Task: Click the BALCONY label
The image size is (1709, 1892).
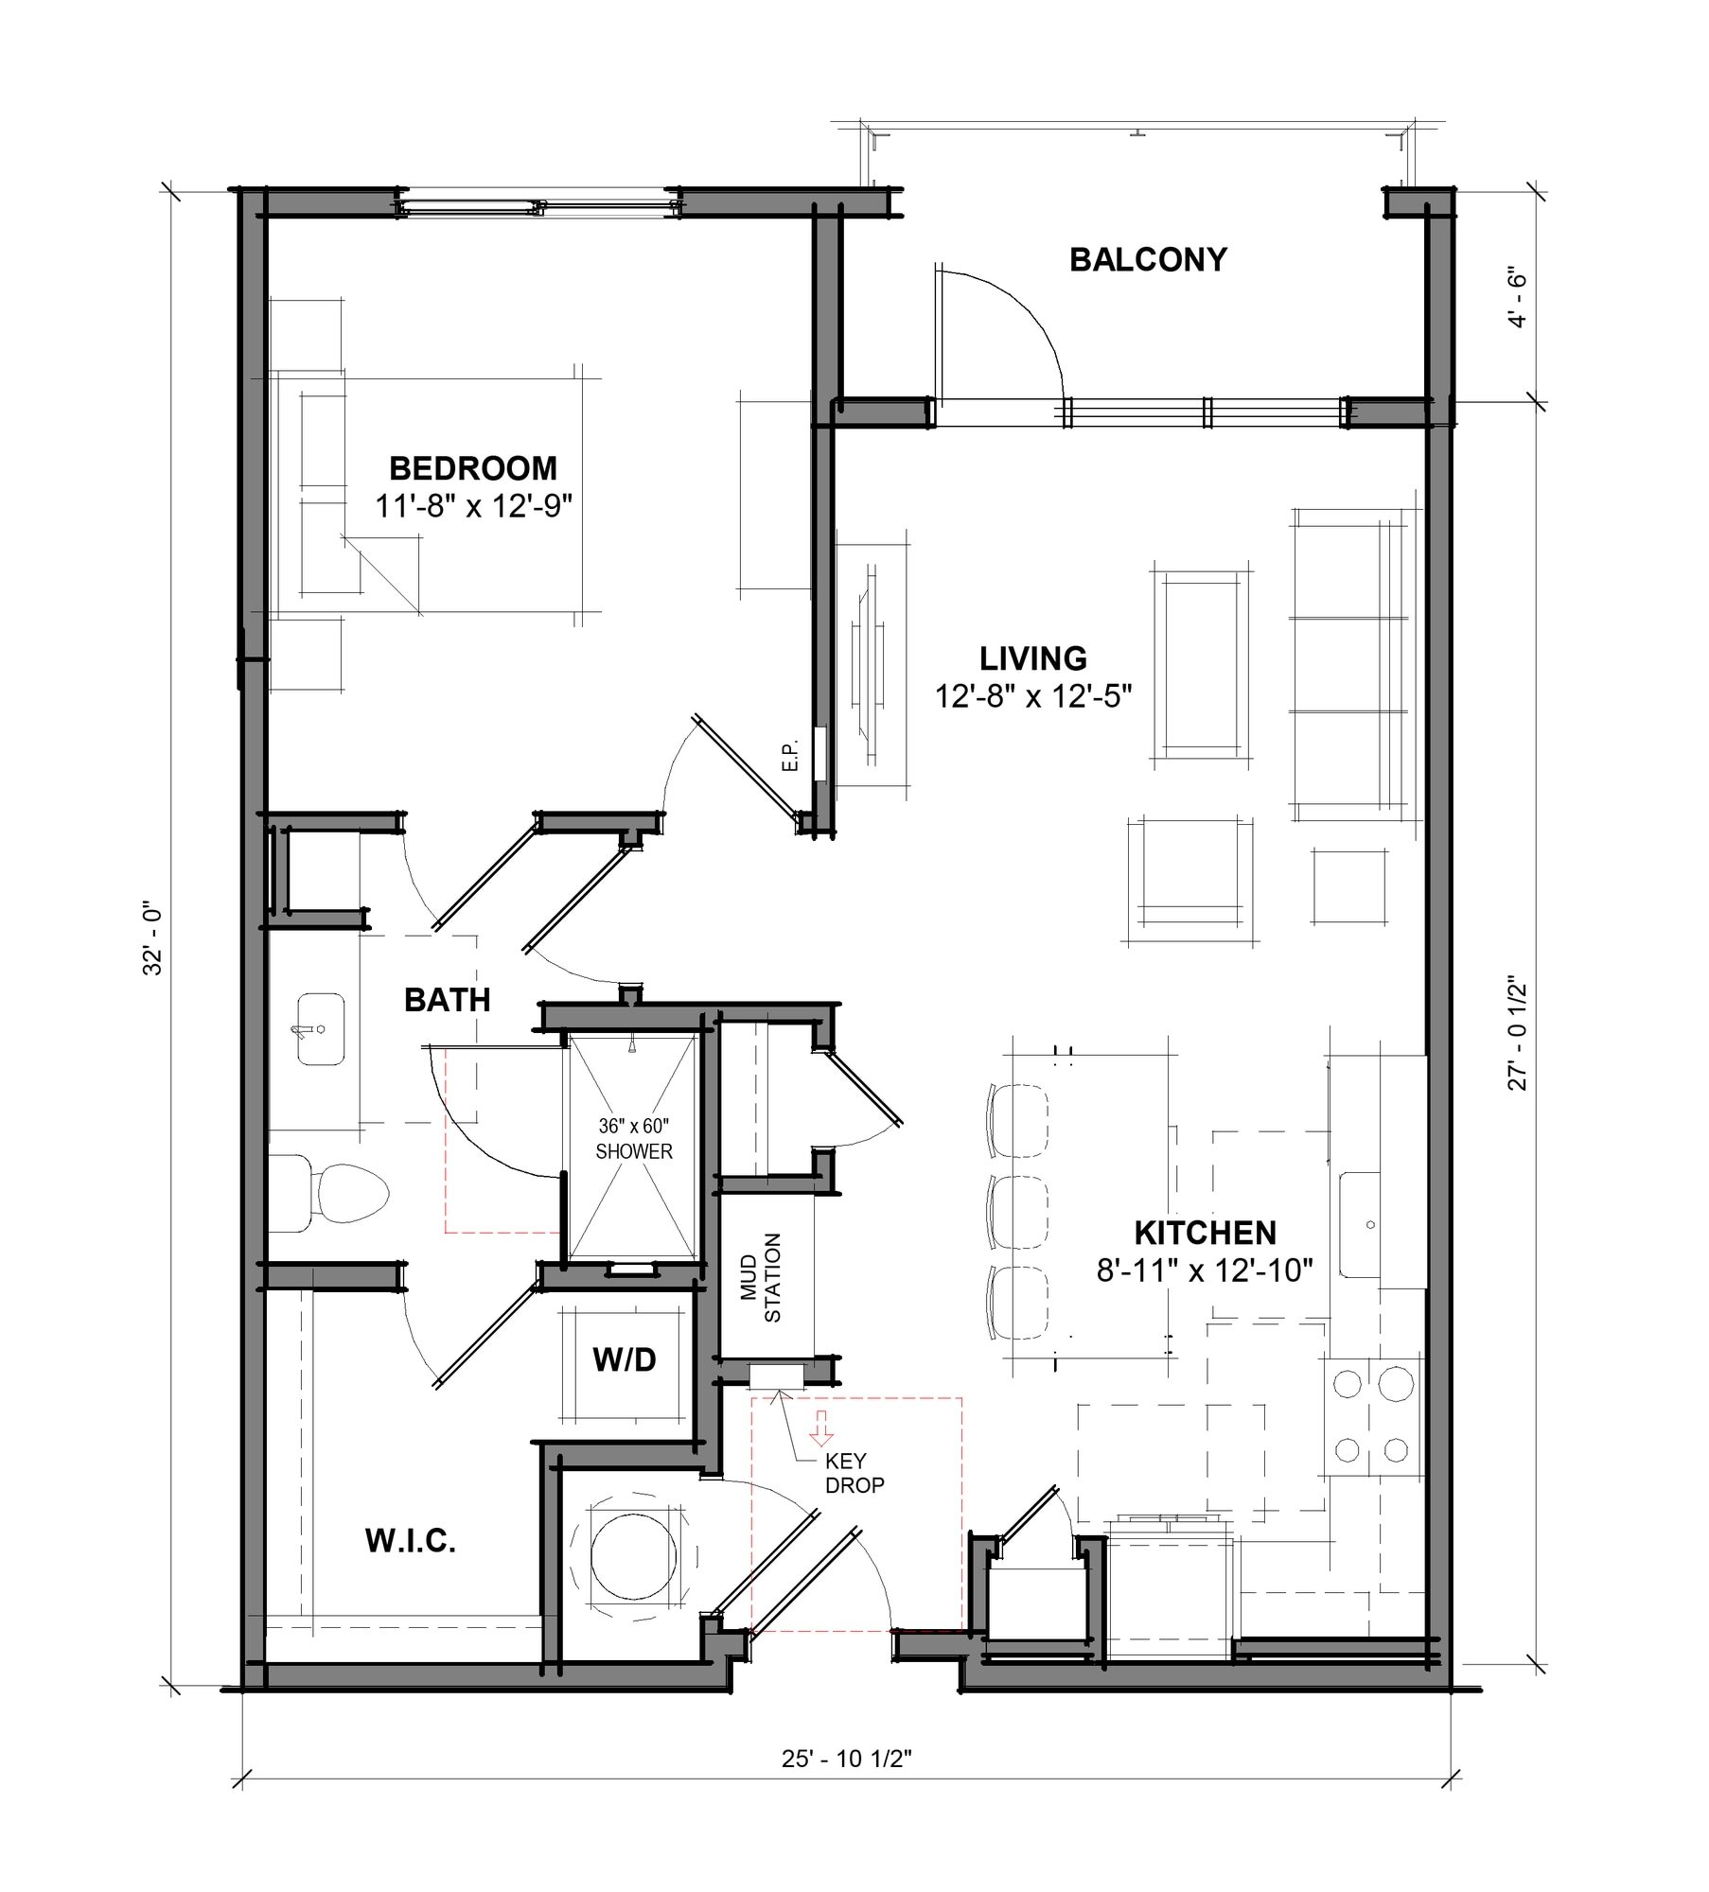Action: [1148, 259]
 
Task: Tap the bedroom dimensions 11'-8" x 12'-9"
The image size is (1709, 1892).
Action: [473, 507]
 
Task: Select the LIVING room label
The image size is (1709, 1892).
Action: [1032, 658]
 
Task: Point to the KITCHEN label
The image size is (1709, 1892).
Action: [1205, 1233]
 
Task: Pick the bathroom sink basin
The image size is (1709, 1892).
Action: [321, 1029]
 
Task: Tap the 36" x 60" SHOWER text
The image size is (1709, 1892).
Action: [633, 1138]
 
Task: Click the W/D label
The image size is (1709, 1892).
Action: [624, 1360]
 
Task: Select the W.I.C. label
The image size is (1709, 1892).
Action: [410, 1541]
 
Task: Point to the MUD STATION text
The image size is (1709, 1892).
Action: [761, 1278]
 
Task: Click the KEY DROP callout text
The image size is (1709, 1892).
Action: [854, 1473]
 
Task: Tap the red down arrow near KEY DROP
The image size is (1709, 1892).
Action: [820, 1428]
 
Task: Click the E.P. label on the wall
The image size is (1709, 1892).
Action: [791, 755]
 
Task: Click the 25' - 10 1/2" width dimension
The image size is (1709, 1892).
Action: [846, 1759]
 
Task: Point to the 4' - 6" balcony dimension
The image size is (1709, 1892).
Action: [1517, 297]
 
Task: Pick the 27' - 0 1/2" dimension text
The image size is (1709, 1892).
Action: [1517, 1035]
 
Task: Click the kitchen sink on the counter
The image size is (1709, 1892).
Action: [1360, 1225]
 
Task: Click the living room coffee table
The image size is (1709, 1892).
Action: [1203, 664]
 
